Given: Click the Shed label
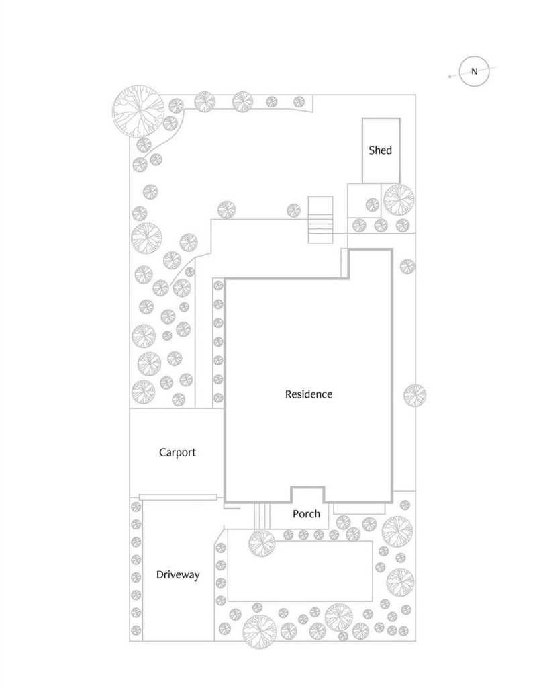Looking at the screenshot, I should pyautogui.click(x=380, y=150).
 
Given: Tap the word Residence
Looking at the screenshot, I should pyautogui.click(x=309, y=394).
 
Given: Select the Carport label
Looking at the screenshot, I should pyautogui.click(x=177, y=452).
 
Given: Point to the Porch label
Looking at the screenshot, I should pyautogui.click(x=307, y=514).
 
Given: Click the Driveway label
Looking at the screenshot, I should pyautogui.click(x=177, y=575).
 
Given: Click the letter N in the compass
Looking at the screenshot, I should pyautogui.click(x=475, y=72).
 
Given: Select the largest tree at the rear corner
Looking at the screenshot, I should pyautogui.click(x=138, y=111).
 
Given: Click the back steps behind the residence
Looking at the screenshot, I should pyautogui.click(x=320, y=220).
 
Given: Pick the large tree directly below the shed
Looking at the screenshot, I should pyautogui.click(x=399, y=200).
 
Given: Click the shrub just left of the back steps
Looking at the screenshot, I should pyautogui.click(x=293, y=210).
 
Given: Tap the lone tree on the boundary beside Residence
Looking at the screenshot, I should pyautogui.click(x=415, y=394).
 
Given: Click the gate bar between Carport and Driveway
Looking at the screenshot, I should pyautogui.click(x=178, y=497).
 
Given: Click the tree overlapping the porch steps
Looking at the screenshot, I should pyautogui.click(x=262, y=543).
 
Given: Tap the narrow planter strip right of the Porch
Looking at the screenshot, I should pyautogui.click(x=359, y=508).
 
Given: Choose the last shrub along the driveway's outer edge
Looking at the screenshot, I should pyautogui.click(x=136, y=630).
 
